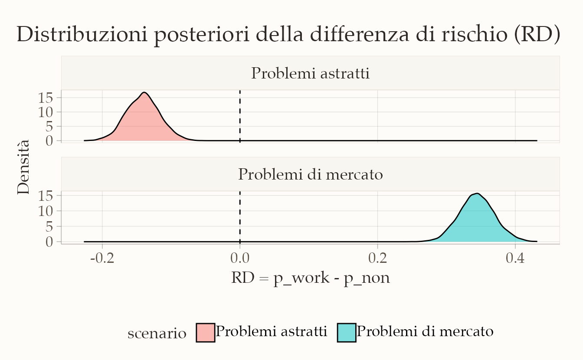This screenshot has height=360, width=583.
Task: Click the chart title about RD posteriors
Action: coord(288,35)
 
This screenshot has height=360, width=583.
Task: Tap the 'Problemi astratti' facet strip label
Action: coord(310,73)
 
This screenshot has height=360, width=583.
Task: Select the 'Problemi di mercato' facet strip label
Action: coord(310,174)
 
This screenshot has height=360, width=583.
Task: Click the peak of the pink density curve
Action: coord(144,92)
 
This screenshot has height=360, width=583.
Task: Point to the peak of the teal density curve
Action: coord(477,193)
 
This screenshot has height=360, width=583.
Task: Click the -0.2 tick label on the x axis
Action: coord(102,258)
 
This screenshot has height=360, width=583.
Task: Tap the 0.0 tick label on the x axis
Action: coord(240,258)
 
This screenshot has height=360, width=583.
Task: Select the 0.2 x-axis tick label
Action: coord(378,258)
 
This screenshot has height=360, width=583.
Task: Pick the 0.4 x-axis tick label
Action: coord(515,258)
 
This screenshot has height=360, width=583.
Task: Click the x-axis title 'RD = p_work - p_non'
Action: coord(311,278)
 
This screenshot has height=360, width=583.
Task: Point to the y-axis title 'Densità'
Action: coord(23,167)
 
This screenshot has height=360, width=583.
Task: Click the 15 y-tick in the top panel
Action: coord(46,98)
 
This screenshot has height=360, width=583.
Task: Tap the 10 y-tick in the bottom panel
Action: coord(46,211)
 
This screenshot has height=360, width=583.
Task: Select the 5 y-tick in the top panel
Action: coord(49,127)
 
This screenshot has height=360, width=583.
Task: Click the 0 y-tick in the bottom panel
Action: coord(49,242)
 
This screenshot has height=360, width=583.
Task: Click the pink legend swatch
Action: coord(206,332)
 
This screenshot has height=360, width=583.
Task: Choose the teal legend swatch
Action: coord(347,332)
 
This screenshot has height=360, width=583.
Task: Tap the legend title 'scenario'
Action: coord(157,334)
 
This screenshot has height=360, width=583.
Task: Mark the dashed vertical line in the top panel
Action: coord(240,116)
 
